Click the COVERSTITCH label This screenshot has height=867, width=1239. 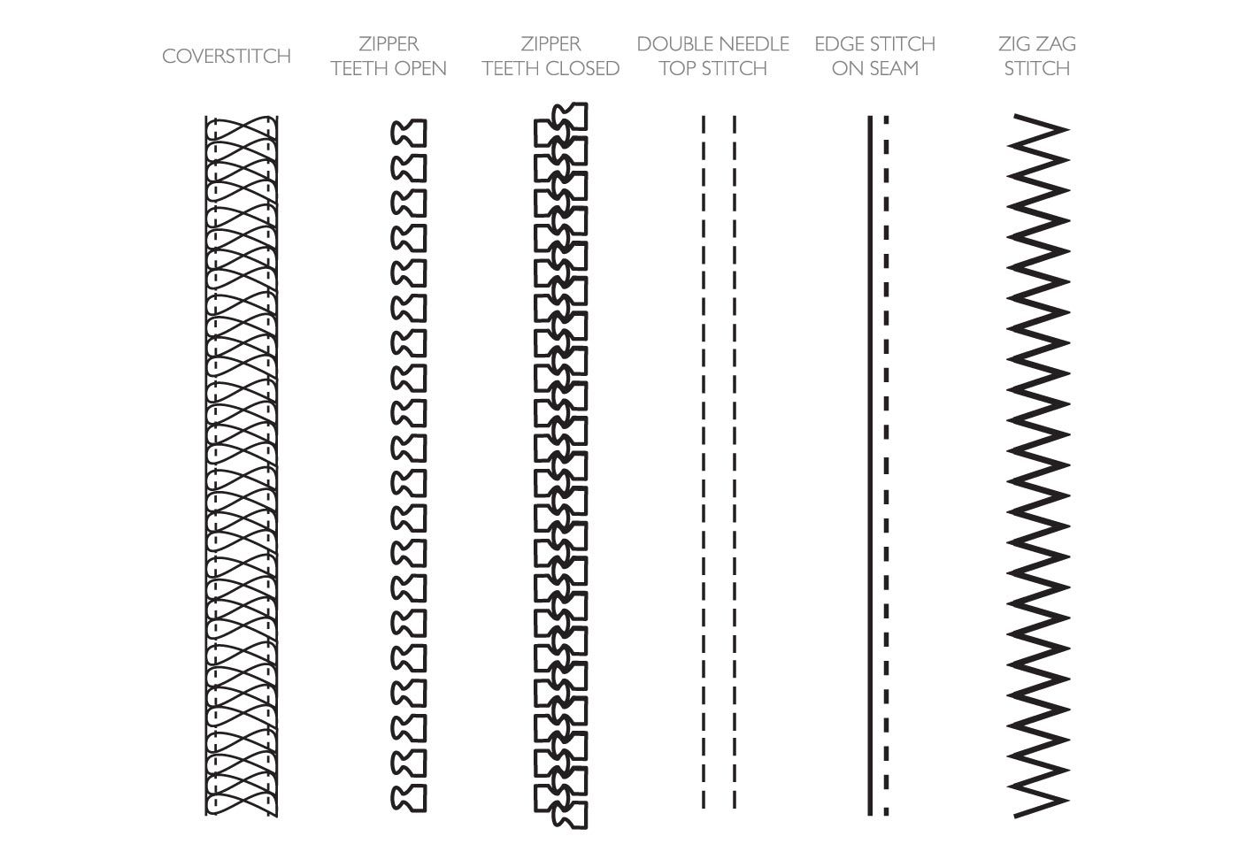(227, 56)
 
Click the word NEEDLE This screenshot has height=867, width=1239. (754, 43)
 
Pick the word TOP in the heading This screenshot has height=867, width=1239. (678, 69)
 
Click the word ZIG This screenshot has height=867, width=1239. (1014, 43)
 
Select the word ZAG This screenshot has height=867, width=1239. (1057, 43)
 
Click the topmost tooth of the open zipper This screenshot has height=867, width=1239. (409, 133)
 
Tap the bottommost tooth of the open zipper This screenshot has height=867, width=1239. (409, 798)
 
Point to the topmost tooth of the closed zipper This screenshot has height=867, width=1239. (570, 116)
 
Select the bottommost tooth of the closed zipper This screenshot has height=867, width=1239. (570, 815)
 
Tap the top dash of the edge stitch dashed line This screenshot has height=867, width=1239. (886, 119)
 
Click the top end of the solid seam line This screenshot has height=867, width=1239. (870, 116)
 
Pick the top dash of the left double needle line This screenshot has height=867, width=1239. (704, 124)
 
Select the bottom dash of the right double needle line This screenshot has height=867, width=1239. (735, 800)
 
